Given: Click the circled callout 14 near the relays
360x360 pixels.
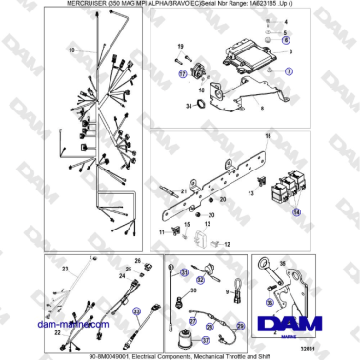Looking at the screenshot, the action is [x=295, y=215].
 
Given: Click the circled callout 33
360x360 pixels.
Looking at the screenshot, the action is [x=136, y=311].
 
